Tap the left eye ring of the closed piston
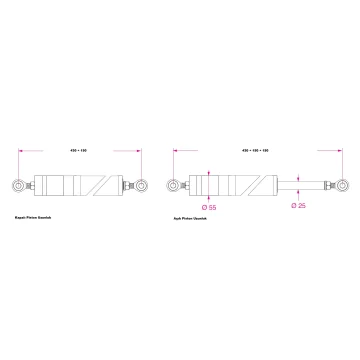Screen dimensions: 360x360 coord(21,186)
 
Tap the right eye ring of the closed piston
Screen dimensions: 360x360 coord(144,186)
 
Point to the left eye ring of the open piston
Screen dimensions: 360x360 coord(176,186)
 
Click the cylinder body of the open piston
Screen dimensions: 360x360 coord(235,186)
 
